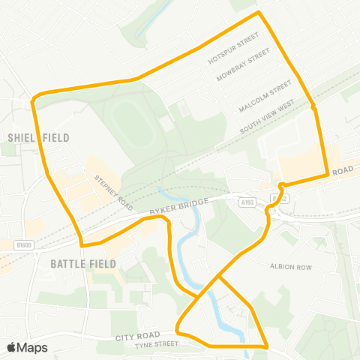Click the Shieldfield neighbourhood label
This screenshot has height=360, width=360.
coord(38,137)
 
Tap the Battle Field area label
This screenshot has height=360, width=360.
coord(83,264)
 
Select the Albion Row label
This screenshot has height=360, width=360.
coord(289,265)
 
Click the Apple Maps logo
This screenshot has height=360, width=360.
coord(27,348)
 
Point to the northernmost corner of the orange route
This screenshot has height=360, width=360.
coord(259,13)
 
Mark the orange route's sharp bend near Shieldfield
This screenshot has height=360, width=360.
coord(34,99)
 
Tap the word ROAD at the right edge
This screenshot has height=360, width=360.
coord(342,171)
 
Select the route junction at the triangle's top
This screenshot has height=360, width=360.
coord(218,276)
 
